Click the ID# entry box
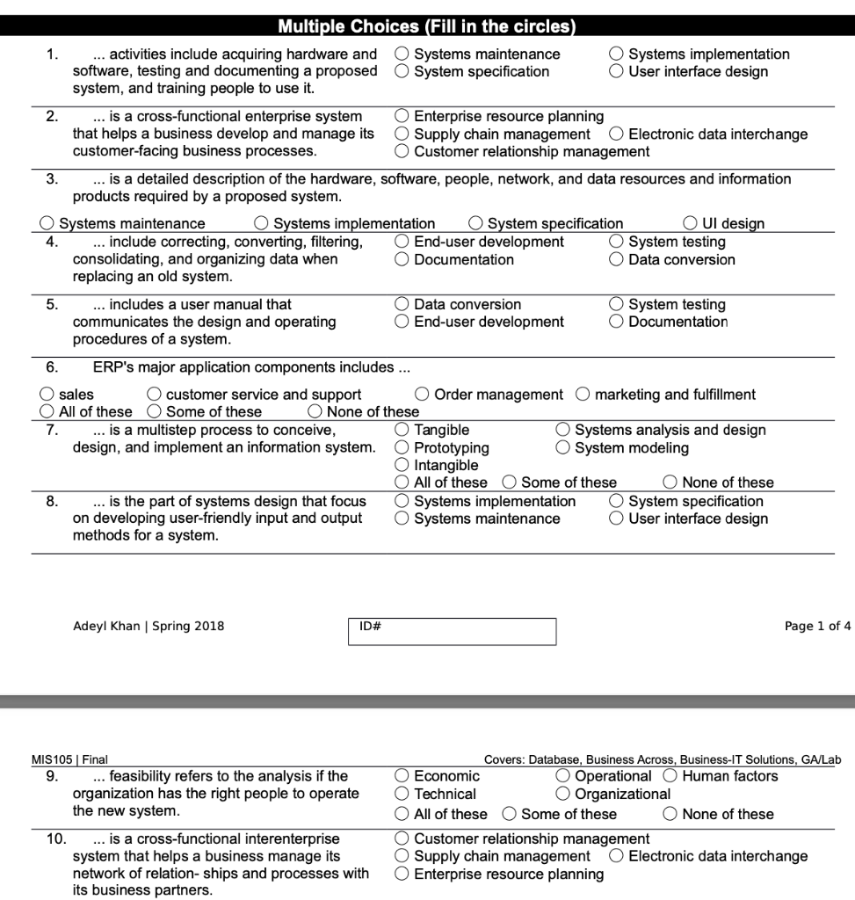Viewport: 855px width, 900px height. coord(453,632)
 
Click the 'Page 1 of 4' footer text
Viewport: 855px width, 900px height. coord(817,627)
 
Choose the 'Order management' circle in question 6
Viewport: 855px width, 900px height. coord(423,395)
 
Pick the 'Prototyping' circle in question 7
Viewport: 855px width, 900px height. coord(402,448)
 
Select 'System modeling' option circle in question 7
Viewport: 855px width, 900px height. coord(563,448)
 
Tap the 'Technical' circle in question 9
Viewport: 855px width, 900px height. coord(402,795)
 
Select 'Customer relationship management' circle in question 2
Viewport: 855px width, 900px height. coord(402,151)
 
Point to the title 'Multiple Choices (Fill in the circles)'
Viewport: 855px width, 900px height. coord(427,26)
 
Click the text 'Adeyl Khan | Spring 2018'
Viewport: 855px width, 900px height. coord(149,627)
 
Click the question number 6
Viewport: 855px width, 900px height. coord(52,367)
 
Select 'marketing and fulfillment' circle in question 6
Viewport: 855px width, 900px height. coord(583,395)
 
